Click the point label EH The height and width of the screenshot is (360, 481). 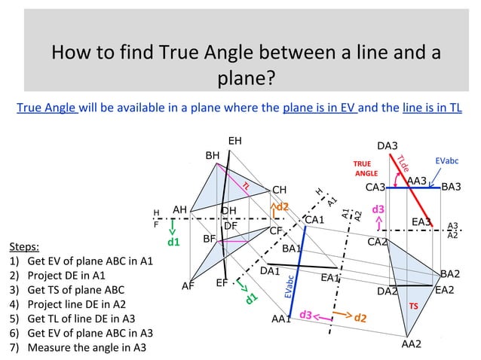click(x=235, y=141)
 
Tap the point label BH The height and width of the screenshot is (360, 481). click(x=213, y=155)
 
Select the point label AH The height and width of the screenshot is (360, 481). click(x=179, y=209)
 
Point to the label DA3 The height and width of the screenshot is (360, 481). click(x=388, y=145)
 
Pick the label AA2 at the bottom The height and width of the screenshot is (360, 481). click(x=412, y=344)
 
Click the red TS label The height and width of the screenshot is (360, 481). click(x=413, y=307)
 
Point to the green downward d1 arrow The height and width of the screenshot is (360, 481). click(x=173, y=225)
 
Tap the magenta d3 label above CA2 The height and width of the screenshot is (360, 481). click(x=378, y=208)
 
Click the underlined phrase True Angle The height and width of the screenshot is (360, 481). click(x=47, y=108)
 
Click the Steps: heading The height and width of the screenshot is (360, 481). click(x=24, y=246)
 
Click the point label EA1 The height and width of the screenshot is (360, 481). click(x=330, y=278)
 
